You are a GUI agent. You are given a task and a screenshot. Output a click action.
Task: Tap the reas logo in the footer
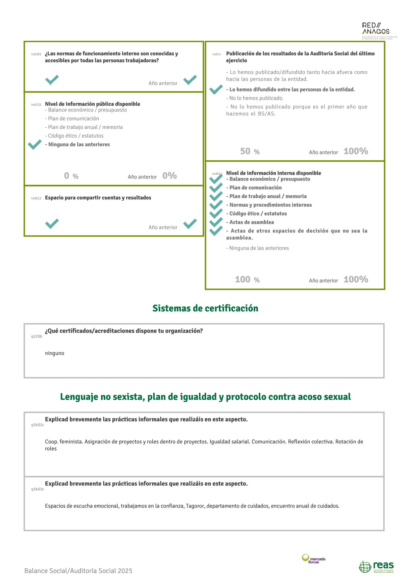(x=377, y=566)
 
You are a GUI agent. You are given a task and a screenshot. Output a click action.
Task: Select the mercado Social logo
(x=313, y=559)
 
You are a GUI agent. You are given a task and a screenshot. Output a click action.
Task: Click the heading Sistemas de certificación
(x=205, y=308)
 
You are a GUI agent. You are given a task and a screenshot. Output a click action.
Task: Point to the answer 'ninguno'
(x=55, y=354)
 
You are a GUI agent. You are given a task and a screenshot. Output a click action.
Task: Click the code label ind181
(x=36, y=54)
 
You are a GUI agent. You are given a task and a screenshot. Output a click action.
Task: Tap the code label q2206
(x=37, y=337)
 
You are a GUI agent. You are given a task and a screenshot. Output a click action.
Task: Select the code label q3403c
(x=37, y=489)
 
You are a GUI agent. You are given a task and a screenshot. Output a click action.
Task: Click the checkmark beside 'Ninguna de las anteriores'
(x=35, y=145)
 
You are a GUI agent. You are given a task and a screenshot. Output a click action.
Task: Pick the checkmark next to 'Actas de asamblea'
(x=216, y=222)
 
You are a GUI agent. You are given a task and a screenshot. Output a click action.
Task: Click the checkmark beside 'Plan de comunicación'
(x=216, y=187)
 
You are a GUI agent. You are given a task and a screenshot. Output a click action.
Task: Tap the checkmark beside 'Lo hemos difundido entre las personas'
(x=216, y=90)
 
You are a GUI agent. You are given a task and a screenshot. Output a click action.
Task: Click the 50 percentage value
(x=245, y=152)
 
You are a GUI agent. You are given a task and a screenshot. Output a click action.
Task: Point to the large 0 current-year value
(x=67, y=176)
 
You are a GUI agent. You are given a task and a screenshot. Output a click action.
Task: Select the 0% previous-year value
(x=170, y=176)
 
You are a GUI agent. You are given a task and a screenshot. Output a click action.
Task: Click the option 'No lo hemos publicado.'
(x=255, y=98)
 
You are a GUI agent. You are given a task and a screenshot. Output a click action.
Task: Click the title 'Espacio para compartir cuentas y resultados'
(x=98, y=198)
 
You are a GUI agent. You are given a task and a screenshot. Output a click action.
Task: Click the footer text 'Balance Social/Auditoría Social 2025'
(x=78, y=571)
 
